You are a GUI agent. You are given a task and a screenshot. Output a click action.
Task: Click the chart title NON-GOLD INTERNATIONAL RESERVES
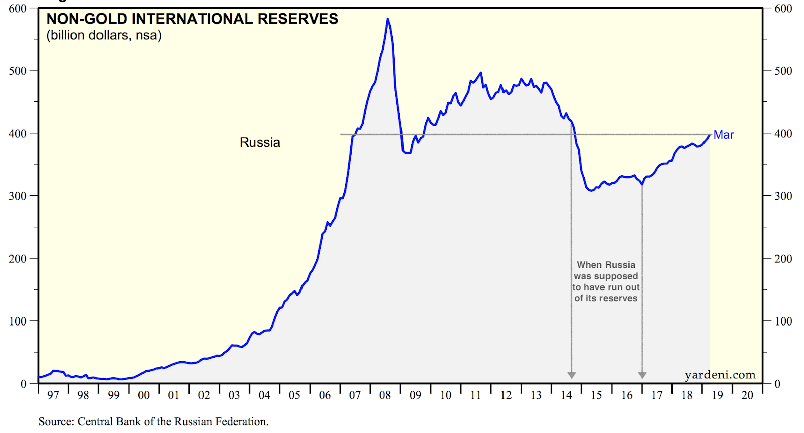(x=192, y=19)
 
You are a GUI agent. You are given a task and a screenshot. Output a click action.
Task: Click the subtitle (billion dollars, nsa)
(x=104, y=36)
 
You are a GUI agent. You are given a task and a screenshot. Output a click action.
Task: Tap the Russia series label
(x=260, y=143)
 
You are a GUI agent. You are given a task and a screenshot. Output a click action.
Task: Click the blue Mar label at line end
(x=723, y=135)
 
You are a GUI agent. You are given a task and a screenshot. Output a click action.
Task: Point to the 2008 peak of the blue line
(x=387, y=19)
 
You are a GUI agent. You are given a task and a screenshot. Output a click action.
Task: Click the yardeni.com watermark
(x=720, y=375)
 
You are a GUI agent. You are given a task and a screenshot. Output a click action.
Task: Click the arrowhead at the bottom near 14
(x=571, y=375)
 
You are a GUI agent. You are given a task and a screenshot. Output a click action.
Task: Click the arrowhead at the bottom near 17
(x=642, y=375)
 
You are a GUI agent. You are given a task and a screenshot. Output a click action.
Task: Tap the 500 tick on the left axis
(x=17, y=71)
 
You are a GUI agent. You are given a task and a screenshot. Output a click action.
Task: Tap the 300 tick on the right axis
(x=783, y=196)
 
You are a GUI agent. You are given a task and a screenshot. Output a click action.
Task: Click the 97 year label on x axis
(x=53, y=395)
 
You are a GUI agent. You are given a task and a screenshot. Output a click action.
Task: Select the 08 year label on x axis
(x=385, y=395)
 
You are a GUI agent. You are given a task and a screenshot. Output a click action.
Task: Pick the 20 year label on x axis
(x=747, y=395)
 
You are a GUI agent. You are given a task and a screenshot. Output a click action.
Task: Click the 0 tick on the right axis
(x=777, y=384)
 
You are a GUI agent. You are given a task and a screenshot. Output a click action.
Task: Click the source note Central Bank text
(x=153, y=421)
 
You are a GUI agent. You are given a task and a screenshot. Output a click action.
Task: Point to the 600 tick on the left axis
(x=17, y=9)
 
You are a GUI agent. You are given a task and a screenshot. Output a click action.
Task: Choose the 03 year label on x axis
(x=234, y=395)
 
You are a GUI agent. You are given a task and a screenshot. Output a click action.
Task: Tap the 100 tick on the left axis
(x=17, y=321)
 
